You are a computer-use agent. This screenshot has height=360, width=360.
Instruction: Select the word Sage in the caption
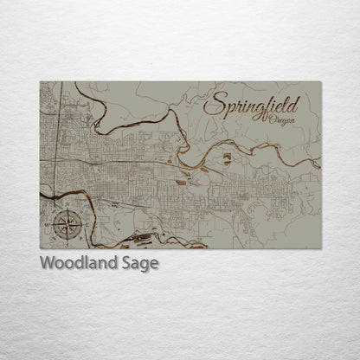(x=138, y=263)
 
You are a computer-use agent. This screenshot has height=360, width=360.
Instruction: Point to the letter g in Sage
(x=141, y=264)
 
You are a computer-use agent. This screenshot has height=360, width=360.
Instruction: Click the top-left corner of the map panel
(x=41, y=82)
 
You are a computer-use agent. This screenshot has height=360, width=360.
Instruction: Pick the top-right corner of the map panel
(x=320, y=82)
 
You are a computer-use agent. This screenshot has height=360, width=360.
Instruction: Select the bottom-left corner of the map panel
(x=41, y=248)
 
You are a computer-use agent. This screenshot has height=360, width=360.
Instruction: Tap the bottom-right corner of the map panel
(x=320, y=248)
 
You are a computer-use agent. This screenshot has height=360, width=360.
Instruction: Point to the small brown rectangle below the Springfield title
(x=227, y=157)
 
